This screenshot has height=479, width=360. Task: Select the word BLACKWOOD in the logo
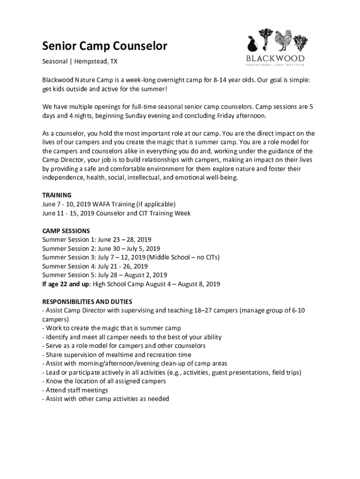point(275,58)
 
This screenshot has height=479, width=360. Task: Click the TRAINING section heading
point(57,195)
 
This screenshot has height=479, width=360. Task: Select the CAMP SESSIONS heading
point(66,231)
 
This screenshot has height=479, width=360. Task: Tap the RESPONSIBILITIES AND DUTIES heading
point(87,302)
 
